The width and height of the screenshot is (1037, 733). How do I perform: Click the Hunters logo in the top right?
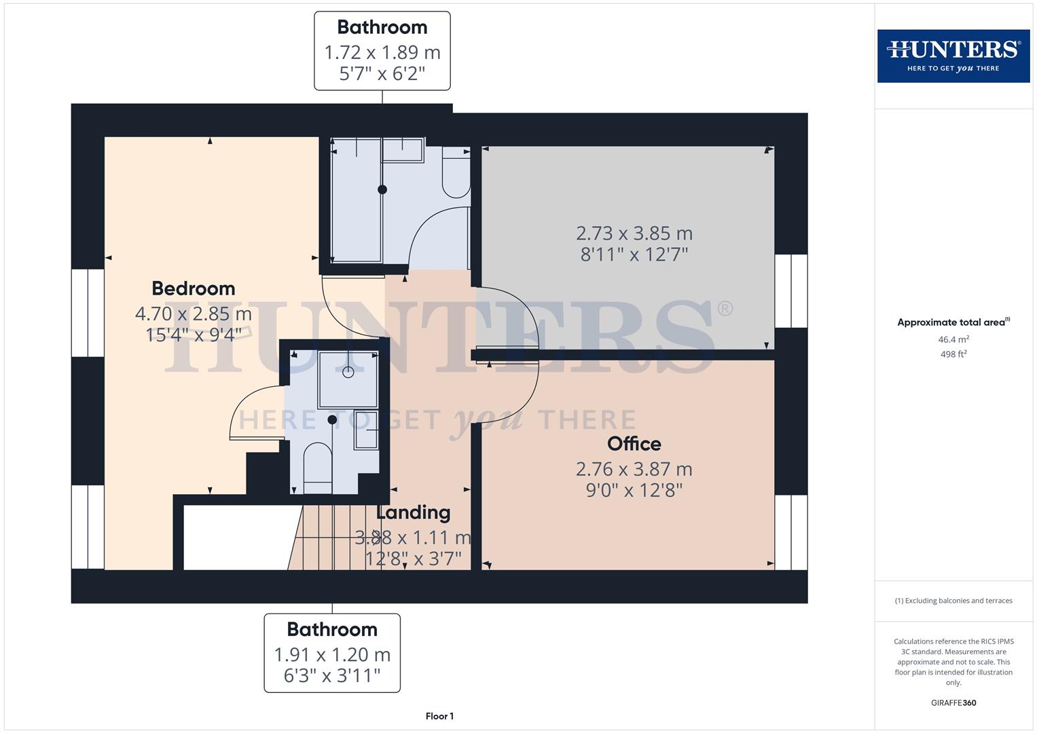tap(953, 56)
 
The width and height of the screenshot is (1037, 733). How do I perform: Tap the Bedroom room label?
tap(194, 288)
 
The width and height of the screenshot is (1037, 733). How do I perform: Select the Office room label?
tap(634, 444)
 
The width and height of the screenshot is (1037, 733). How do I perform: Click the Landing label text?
tap(414, 512)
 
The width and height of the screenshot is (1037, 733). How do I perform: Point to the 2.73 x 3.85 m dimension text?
tap(634, 233)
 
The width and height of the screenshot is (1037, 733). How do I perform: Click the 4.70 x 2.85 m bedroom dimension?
tap(194, 314)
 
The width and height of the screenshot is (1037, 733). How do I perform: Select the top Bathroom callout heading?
tap(382, 27)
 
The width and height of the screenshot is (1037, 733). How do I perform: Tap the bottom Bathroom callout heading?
tap(332, 630)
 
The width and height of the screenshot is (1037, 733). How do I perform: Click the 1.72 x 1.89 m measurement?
tap(382, 52)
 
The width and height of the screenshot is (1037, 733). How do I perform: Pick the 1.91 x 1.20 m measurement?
tap(332, 655)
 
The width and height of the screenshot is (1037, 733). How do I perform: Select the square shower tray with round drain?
tap(348, 379)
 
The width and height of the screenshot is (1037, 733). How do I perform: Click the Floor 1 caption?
tap(439, 716)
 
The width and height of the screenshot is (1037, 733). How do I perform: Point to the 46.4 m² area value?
tap(953, 339)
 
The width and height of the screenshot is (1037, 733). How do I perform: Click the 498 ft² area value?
tap(953, 354)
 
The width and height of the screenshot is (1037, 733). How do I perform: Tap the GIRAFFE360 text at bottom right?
tap(953, 703)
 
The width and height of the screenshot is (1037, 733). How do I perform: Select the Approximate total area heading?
tap(953, 322)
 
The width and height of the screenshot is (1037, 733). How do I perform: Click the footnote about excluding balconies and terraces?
tap(953, 601)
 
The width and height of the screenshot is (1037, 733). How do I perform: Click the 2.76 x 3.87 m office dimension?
tap(634, 469)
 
